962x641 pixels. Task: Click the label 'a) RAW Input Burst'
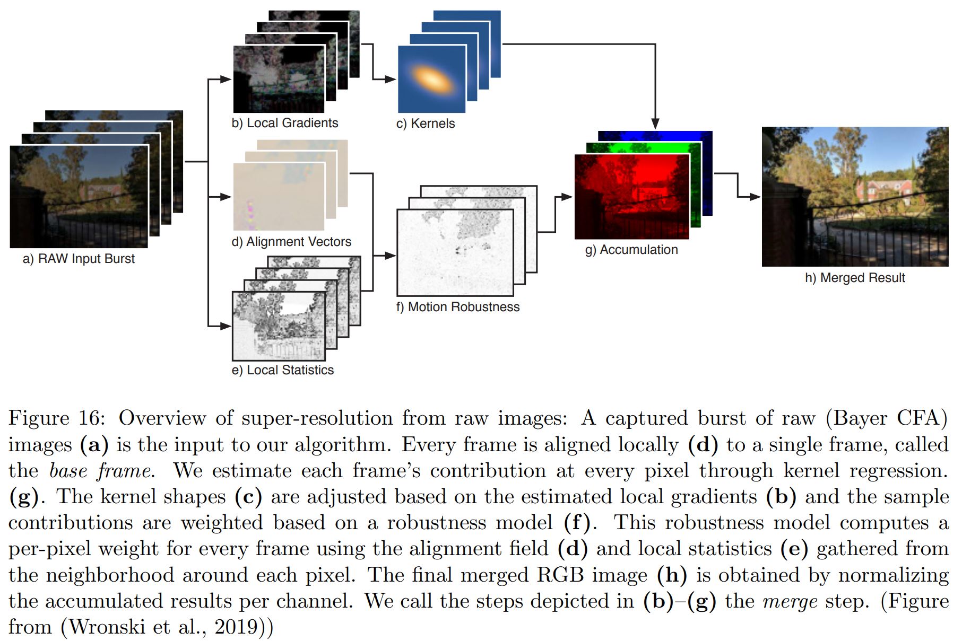pos(79,259)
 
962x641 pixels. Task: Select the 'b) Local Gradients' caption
pos(284,123)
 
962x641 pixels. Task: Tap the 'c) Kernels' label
pos(426,124)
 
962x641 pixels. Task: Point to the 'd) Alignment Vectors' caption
pos(291,242)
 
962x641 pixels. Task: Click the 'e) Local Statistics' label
pos(282,370)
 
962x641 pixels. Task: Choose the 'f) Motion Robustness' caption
pos(457,307)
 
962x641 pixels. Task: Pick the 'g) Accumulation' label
pos(631,250)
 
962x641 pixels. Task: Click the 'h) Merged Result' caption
pos(854,278)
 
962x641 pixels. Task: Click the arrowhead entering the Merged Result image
pos(756,197)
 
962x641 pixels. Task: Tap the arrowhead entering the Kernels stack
pos(391,80)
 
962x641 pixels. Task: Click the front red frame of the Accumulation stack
pos(631,196)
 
